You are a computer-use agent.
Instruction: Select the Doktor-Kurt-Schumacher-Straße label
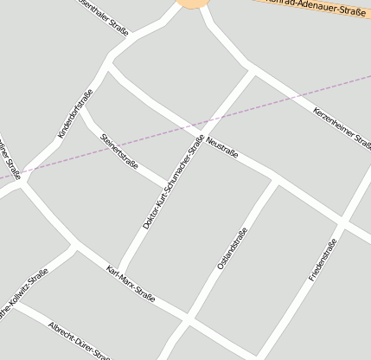pos(173,182)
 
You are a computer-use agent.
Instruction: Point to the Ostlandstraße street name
pos(232,248)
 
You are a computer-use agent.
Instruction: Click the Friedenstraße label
pos(322,260)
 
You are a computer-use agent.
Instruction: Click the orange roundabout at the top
pos(194,3)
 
